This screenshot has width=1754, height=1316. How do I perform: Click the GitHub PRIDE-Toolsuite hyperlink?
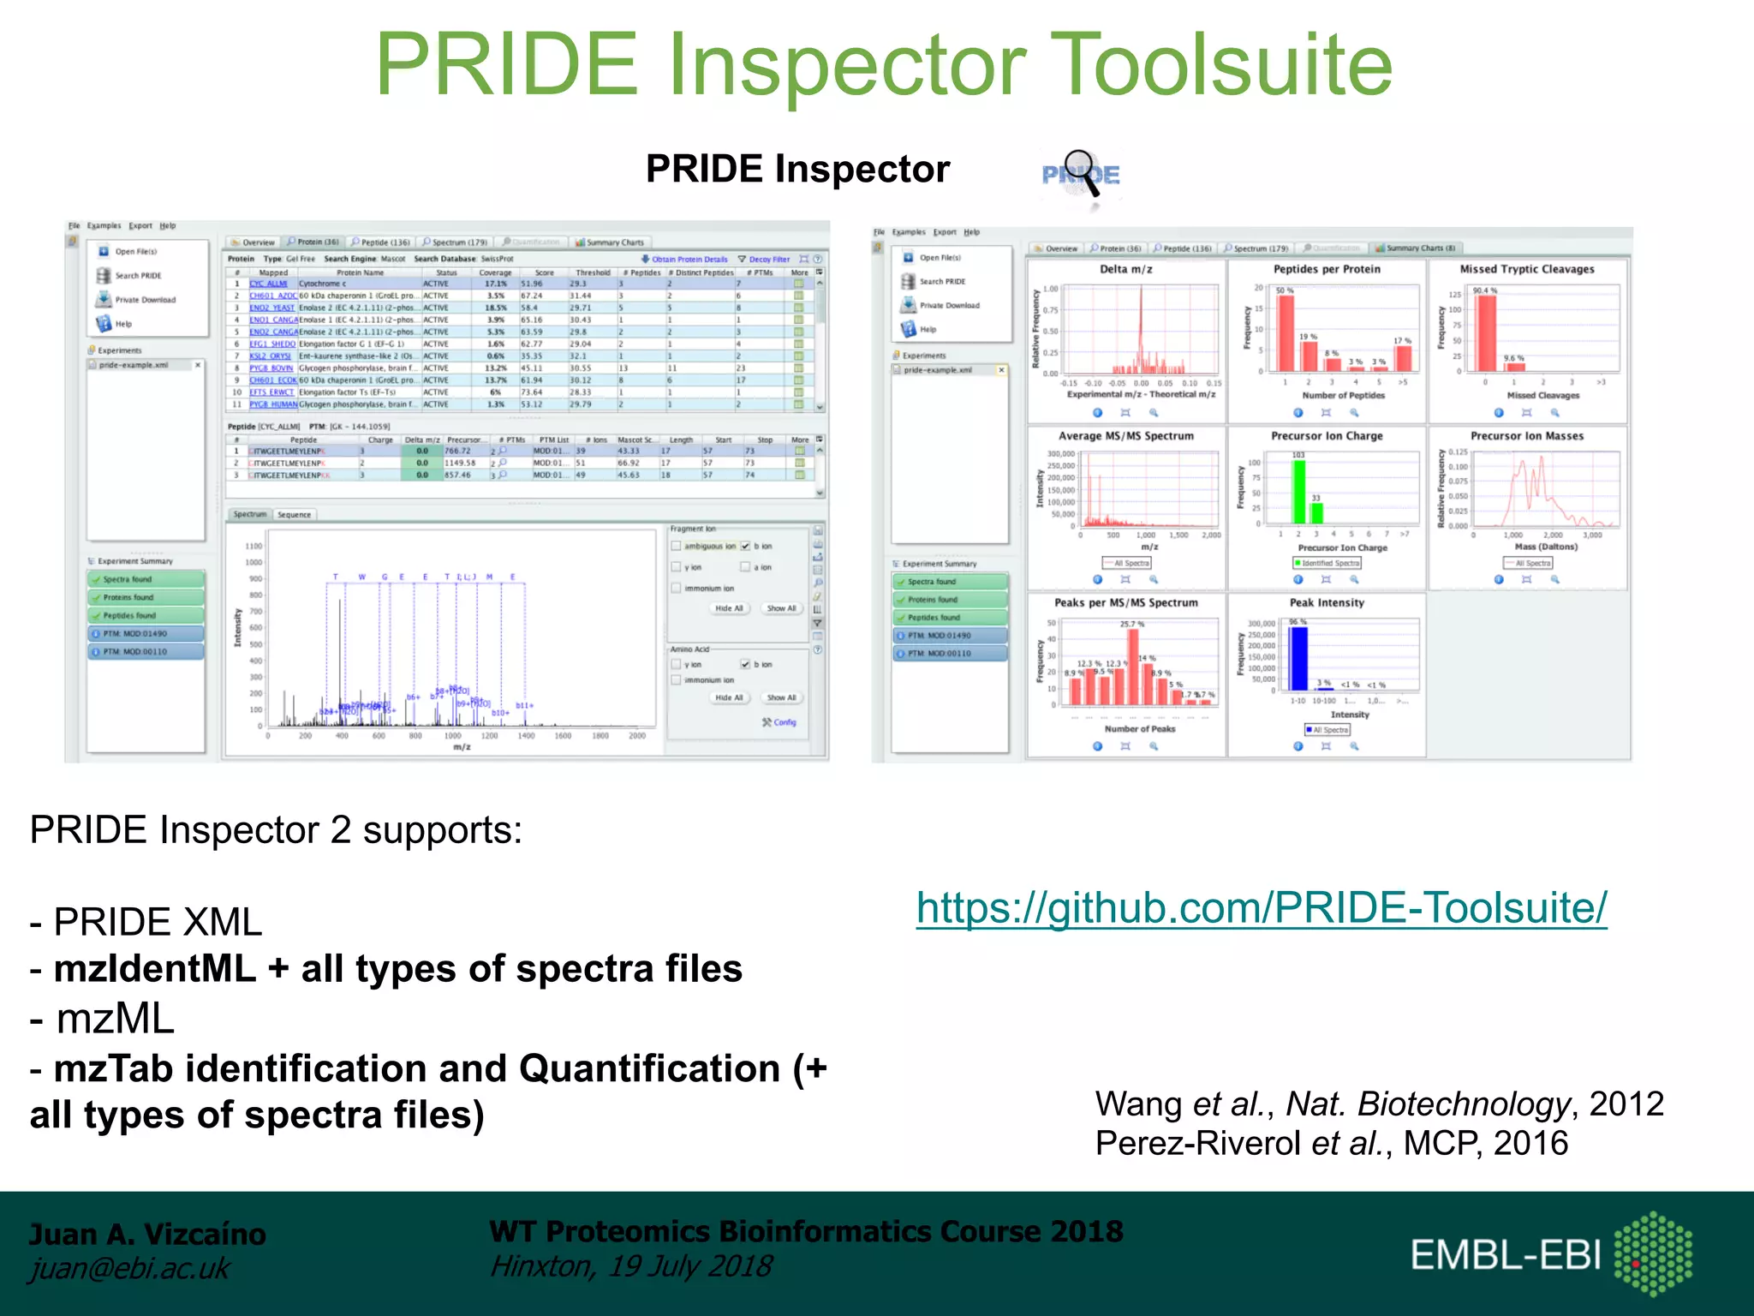click(x=1261, y=908)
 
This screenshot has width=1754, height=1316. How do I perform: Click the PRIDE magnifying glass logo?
click(x=1081, y=176)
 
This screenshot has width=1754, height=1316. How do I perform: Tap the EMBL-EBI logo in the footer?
click(x=1550, y=1254)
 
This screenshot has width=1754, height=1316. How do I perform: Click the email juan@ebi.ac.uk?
click(x=129, y=1268)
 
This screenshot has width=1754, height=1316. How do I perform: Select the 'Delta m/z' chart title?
click(x=1125, y=269)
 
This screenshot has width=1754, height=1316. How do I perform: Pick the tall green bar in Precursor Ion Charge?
click(x=1298, y=492)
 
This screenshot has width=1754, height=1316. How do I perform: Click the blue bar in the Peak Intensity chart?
click(x=1298, y=658)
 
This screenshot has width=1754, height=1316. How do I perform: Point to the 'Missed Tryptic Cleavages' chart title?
click(x=1526, y=269)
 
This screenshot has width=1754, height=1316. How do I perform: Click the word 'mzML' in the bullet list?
click(x=115, y=1020)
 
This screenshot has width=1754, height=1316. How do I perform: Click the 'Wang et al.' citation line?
click(x=1379, y=1104)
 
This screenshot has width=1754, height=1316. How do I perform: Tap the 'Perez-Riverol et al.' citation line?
click(x=1331, y=1143)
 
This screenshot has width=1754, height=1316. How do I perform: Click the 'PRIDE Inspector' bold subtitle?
click(x=796, y=169)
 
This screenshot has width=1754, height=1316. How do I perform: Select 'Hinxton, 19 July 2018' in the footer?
click(x=630, y=1266)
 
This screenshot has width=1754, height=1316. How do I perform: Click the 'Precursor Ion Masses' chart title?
click(x=1526, y=436)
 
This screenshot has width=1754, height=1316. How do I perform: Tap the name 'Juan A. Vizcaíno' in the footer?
click(x=147, y=1234)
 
